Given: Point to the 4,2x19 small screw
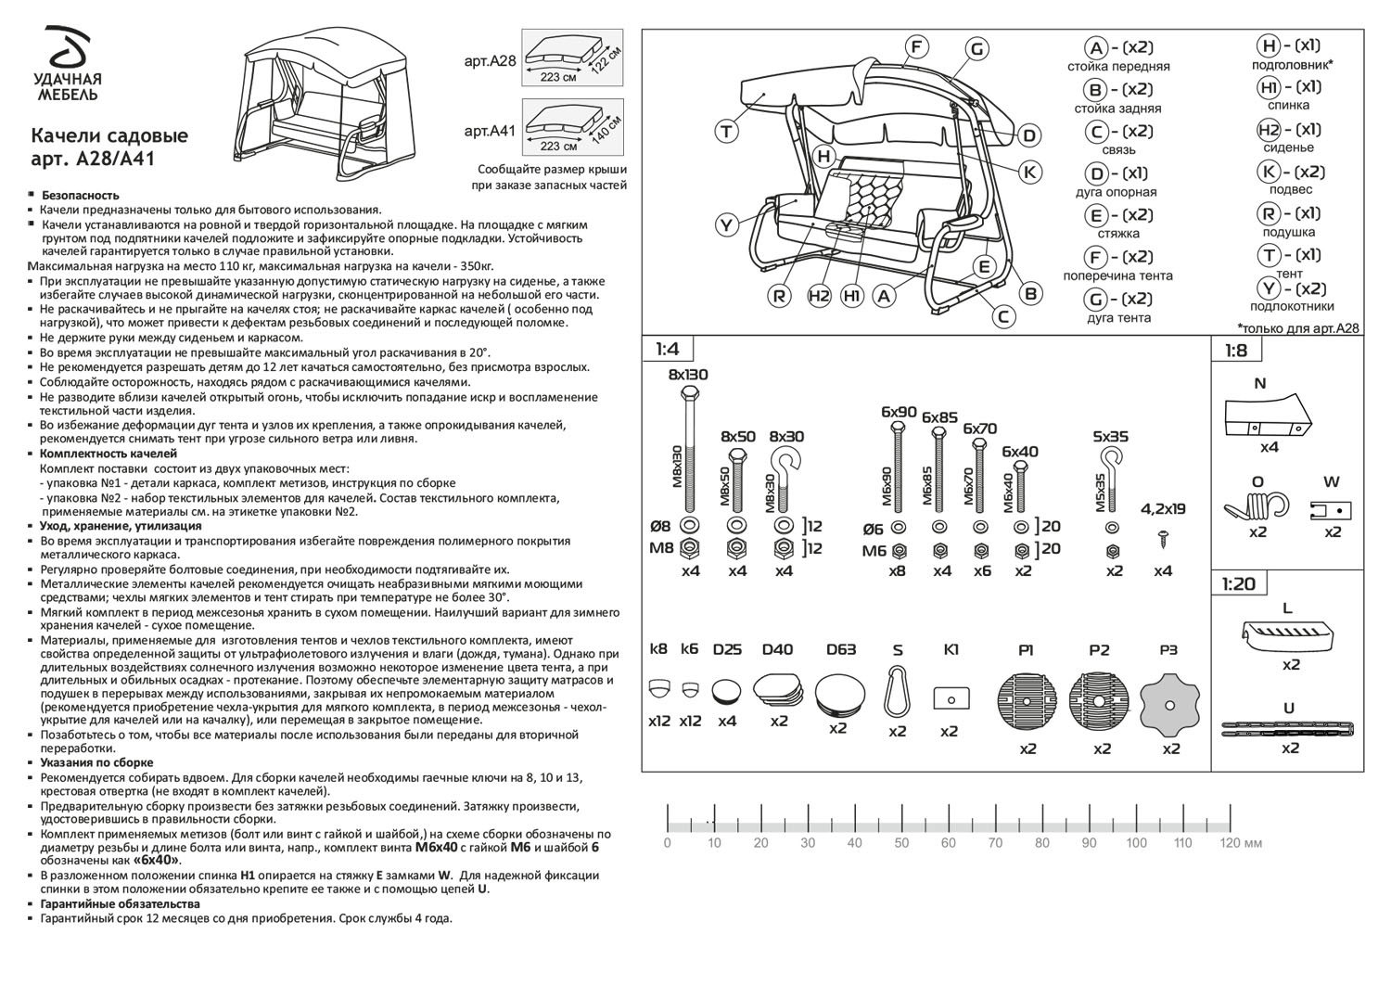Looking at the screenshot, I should [1164, 536].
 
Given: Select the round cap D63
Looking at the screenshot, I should [839, 694].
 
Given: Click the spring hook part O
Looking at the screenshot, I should [1257, 507].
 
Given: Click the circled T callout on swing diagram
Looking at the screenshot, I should [727, 132].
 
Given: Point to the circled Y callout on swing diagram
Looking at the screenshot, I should [727, 225].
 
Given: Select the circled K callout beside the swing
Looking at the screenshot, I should [1030, 172].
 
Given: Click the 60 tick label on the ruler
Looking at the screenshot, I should [948, 843].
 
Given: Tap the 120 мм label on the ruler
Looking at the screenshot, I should [1241, 843].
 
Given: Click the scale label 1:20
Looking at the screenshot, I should [1239, 584].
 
